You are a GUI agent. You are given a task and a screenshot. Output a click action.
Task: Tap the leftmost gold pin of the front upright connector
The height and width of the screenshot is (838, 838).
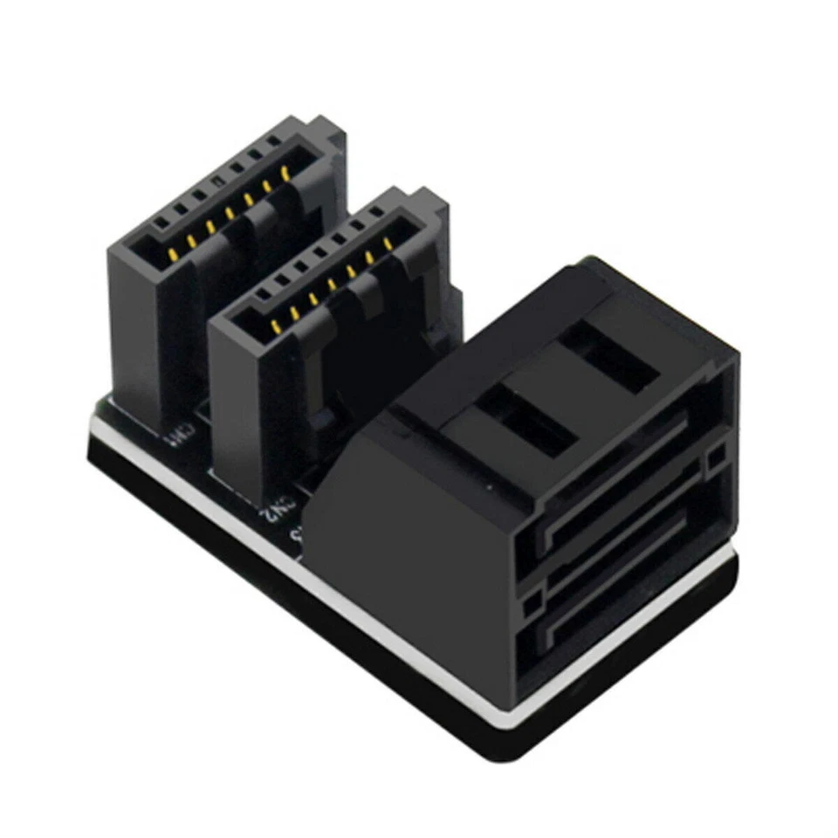(275, 327)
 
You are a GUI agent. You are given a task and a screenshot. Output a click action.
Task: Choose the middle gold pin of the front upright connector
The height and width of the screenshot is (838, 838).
(332, 285)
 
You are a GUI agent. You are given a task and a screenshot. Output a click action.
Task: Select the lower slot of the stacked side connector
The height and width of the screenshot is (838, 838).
(628, 602)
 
